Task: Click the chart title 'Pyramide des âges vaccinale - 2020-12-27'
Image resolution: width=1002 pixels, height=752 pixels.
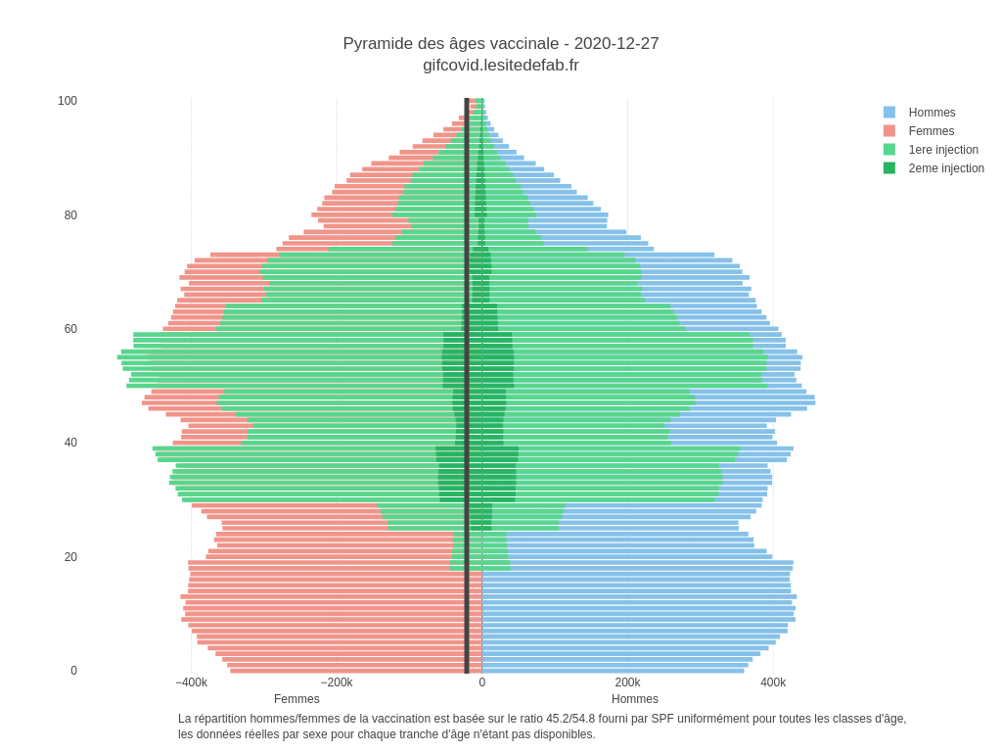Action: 500,44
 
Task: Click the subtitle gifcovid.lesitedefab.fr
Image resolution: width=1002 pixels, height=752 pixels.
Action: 500,66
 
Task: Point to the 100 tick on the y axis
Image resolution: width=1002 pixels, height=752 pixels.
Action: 68,101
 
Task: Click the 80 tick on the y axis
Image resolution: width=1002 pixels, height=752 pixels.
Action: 70,215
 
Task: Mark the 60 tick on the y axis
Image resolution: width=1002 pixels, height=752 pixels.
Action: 70,329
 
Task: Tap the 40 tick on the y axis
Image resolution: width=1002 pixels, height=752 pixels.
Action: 70,443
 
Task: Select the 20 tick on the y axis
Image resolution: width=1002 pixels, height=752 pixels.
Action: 70,557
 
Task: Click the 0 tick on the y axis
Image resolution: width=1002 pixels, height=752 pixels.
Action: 73,671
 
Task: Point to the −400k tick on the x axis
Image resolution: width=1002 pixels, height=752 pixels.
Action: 192,682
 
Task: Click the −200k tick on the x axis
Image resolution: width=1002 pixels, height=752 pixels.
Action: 337,682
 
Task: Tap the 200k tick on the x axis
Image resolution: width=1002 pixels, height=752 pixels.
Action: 627,682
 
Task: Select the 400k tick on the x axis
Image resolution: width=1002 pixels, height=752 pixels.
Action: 773,682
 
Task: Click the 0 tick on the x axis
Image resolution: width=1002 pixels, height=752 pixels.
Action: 482,682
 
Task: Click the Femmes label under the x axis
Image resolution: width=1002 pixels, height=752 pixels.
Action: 296,699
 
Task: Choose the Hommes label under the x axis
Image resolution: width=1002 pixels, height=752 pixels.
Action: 635,699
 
